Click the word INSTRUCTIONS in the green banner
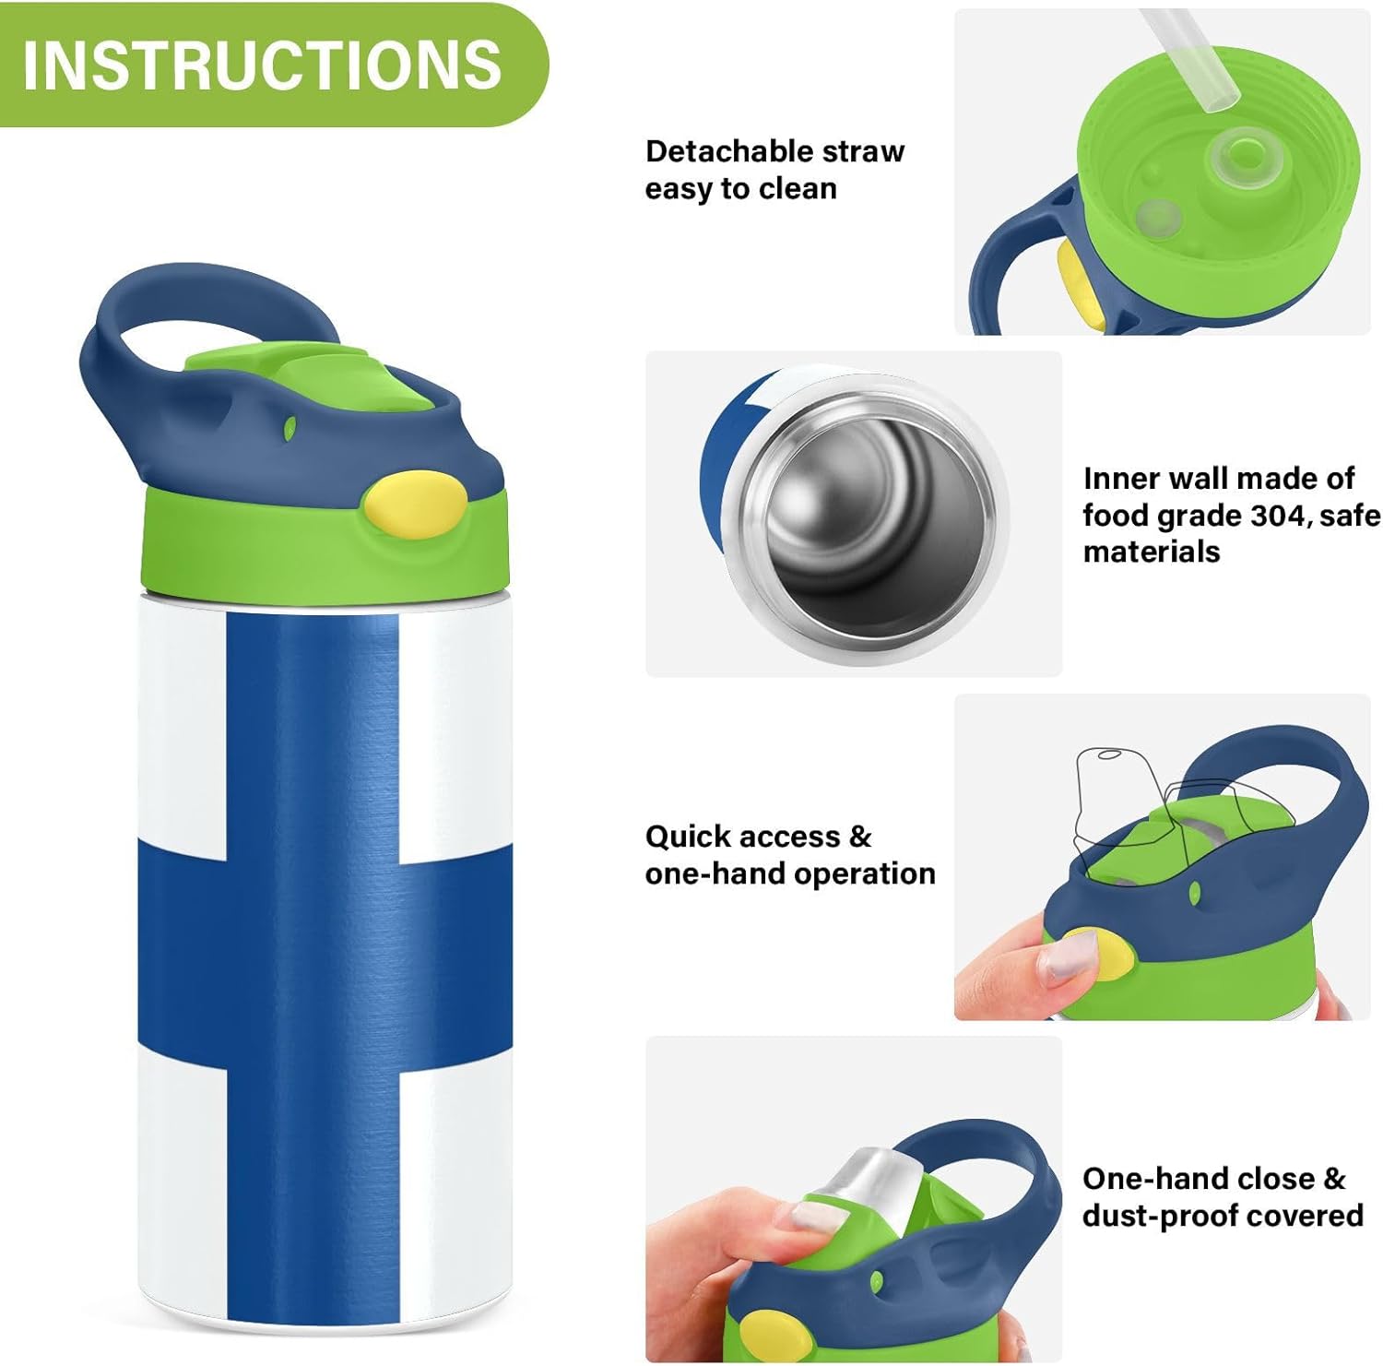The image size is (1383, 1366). [262, 64]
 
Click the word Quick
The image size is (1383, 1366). [683, 837]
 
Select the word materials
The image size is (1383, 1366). [1152, 552]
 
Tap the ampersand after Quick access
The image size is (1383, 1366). [860, 837]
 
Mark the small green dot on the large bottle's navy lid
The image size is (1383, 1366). [290, 427]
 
